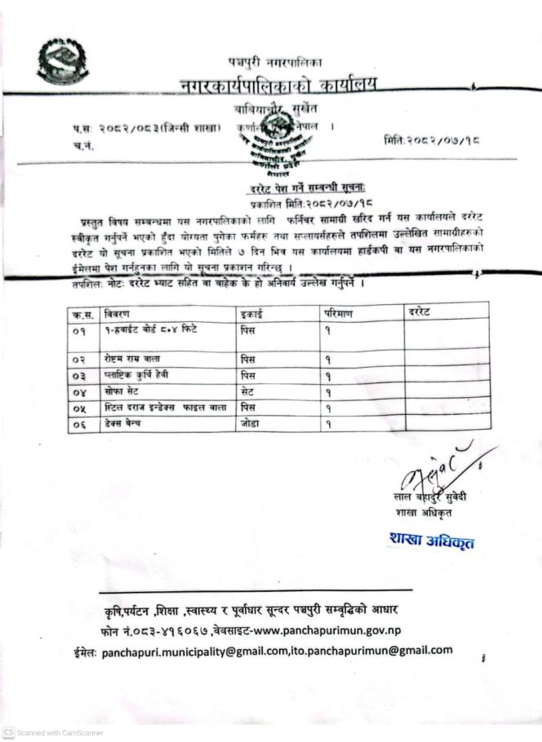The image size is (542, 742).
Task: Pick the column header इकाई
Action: [x=252, y=313]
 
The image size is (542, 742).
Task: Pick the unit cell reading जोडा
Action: [x=250, y=423]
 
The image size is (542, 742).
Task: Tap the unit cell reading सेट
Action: [x=248, y=392]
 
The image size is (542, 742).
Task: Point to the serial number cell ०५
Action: [x=82, y=407]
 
